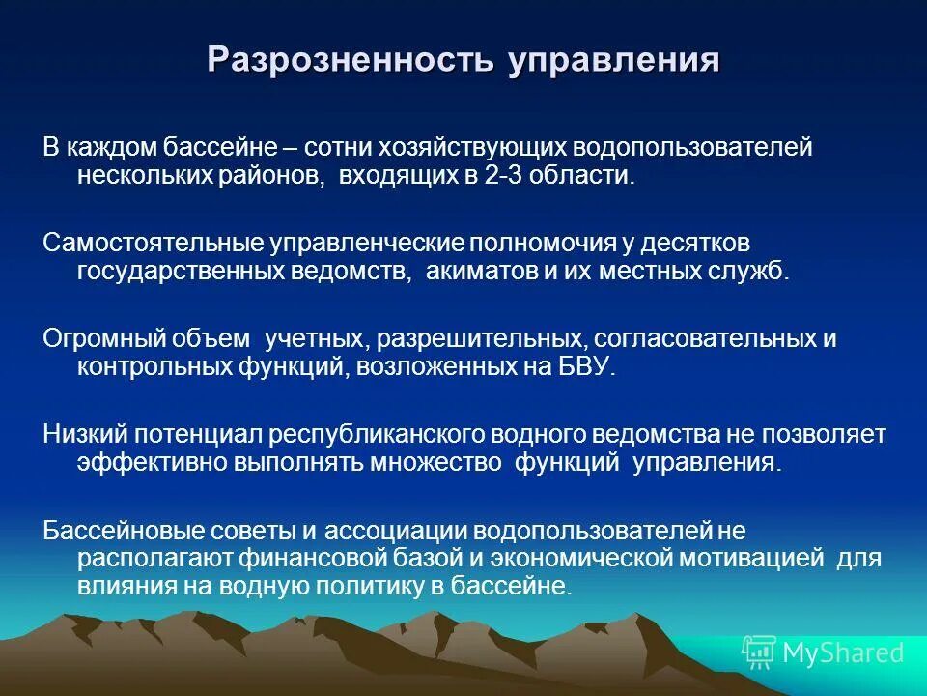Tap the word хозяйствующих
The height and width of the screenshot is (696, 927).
[x=476, y=148]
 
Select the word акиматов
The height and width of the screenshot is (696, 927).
[x=478, y=270]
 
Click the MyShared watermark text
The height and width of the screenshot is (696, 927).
[x=842, y=653]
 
